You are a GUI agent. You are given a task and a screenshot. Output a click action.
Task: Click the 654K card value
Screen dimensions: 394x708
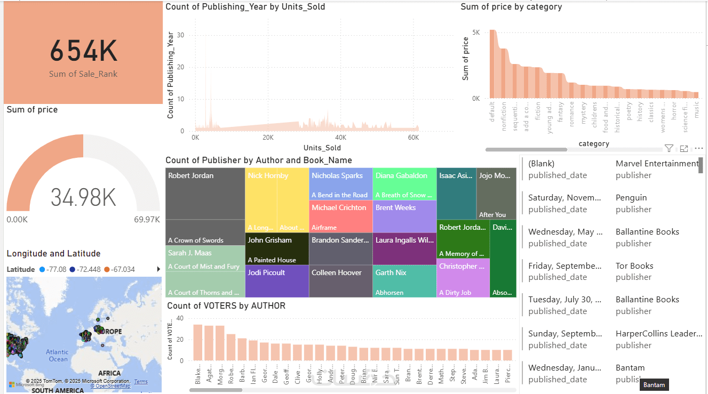[x=83, y=52]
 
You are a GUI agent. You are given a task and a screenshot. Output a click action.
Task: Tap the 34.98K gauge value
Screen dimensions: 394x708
[x=83, y=197]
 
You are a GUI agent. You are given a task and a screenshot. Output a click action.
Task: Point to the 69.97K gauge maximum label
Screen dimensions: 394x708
[x=147, y=220]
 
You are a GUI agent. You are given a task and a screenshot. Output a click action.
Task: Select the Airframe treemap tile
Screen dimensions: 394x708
[x=340, y=216]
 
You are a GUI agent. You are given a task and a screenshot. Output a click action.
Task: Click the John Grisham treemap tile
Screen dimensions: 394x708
[x=277, y=248]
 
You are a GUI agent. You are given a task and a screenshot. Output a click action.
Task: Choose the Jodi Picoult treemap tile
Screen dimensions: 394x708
[x=277, y=281]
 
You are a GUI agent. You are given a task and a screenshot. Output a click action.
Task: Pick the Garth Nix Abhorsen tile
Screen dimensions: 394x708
[x=404, y=281]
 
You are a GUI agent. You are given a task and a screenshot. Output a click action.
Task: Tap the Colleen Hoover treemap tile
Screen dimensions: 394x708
[x=340, y=281]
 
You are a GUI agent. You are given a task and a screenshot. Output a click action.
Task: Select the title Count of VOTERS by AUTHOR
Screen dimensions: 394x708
[x=226, y=306]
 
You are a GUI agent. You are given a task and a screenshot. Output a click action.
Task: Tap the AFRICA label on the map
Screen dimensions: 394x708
[x=109, y=373]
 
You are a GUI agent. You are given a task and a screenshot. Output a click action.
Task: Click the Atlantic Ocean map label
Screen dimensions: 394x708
[x=57, y=355]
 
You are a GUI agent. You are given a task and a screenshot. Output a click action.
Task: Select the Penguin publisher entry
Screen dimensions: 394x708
[x=631, y=198]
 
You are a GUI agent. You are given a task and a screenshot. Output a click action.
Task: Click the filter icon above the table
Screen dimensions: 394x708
[x=669, y=149]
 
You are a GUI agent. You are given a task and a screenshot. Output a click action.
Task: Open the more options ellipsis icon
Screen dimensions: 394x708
[x=699, y=149]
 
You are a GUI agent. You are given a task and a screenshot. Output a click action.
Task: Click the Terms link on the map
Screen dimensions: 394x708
[x=141, y=382]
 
